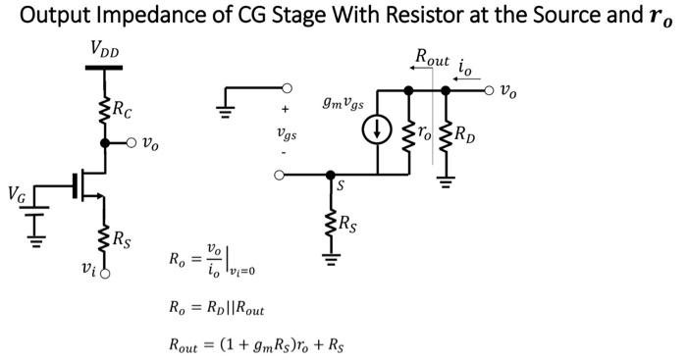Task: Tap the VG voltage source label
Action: (x=17, y=193)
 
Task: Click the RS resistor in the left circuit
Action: (x=105, y=236)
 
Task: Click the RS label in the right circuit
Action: (x=349, y=226)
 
